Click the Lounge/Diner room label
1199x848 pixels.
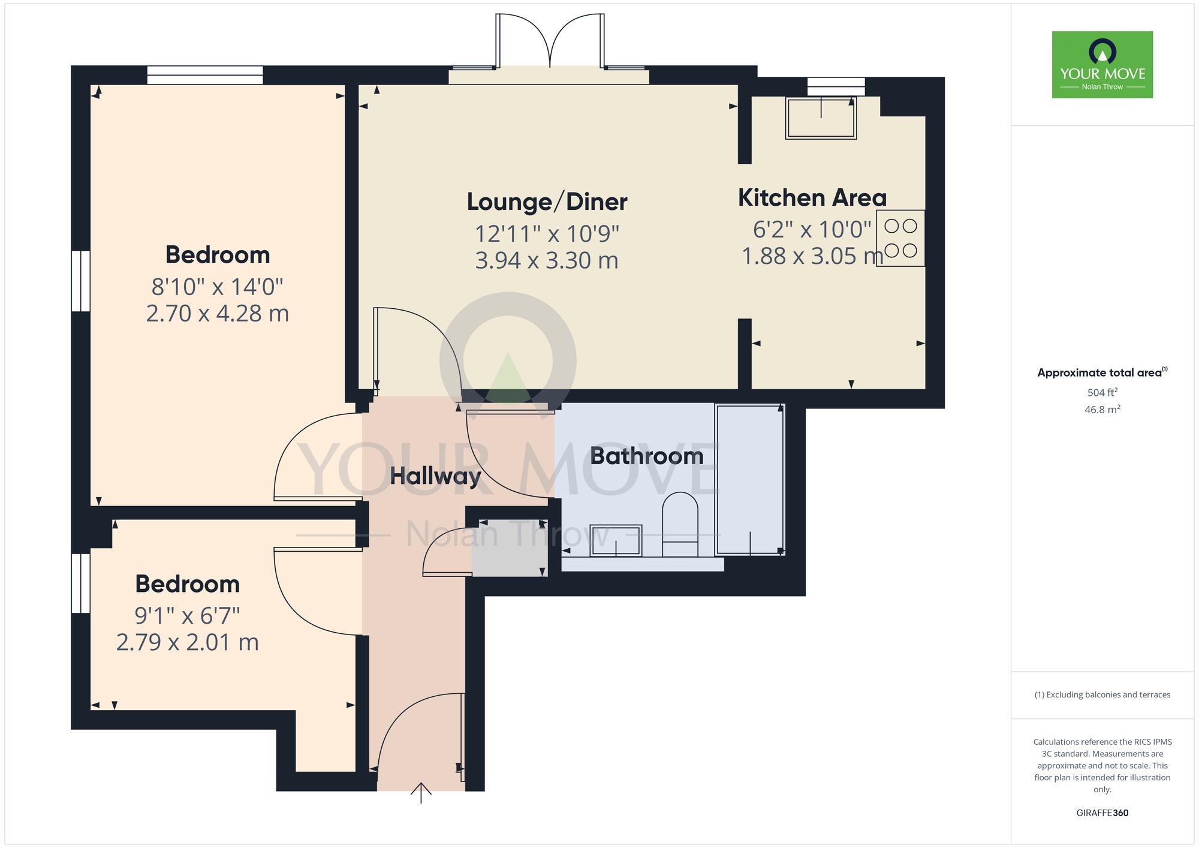pyautogui.click(x=547, y=202)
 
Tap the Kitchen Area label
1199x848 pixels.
pyautogui.click(x=812, y=197)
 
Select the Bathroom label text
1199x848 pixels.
pyautogui.click(x=647, y=456)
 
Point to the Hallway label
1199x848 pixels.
pyautogui.click(x=435, y=476)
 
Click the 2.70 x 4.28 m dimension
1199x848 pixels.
pyautogui.click(x=218, y=313)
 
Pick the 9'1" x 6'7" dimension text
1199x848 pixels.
pyautogui.click(x=187, y=615)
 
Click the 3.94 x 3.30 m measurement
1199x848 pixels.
pyautogui.click(x=547, y=260)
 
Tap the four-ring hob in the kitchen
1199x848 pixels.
pyautogui.click(x=900, y=238)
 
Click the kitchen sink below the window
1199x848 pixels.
pyautogui.click(x=821, y=118)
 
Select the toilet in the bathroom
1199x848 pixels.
pyautogui.click(x=680, y=525)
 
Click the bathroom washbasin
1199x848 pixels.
pyautogui.click(x=616, y=540)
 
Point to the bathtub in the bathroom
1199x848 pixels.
pyautogui.click(x=749, y=479)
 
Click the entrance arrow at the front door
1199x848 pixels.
pyautogui.click(x=421, y=793)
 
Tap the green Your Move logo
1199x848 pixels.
pyautogui.click(x=1102, y=65)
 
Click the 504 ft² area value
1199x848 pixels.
pyautogui.click(x=1102, y=392)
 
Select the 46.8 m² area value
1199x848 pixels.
pyautogui.click(x=1102, y=410)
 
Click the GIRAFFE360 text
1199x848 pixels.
pyautogui.click(x=1102, y=813)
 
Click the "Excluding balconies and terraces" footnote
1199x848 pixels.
pyautogui.click(x=1102, y=695)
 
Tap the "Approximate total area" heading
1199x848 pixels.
pyautogui.click(x=1102, y=372)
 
